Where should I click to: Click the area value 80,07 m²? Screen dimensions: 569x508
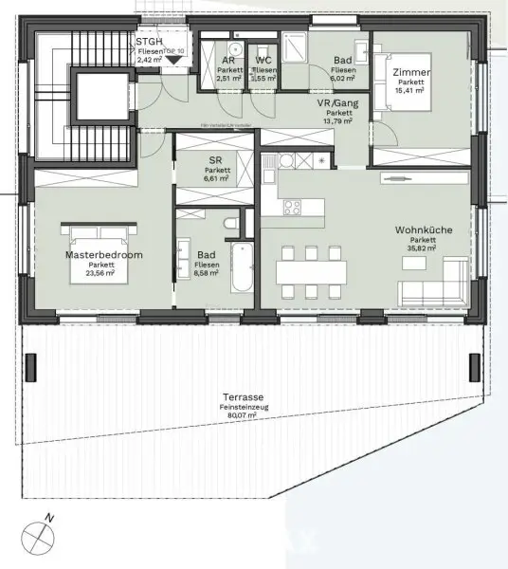click(243, 416)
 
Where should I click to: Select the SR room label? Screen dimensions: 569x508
click(214, 162)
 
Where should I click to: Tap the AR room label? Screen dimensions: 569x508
click(228, 61)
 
